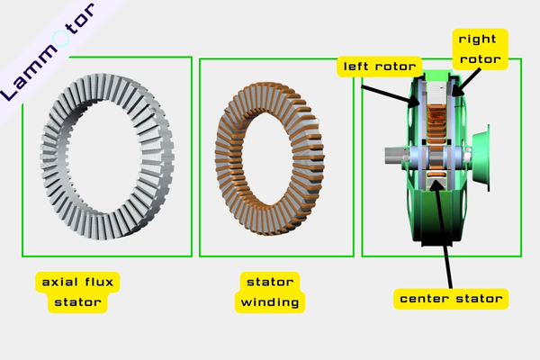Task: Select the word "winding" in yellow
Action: tap(271, 301)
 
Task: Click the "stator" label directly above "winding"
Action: tap(271, 282)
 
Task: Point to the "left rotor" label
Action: tap(379, 67)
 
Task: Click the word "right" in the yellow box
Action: tap(479, 40)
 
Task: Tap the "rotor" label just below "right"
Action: tap(479, 60)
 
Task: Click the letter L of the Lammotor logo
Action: tap(13, 90)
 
